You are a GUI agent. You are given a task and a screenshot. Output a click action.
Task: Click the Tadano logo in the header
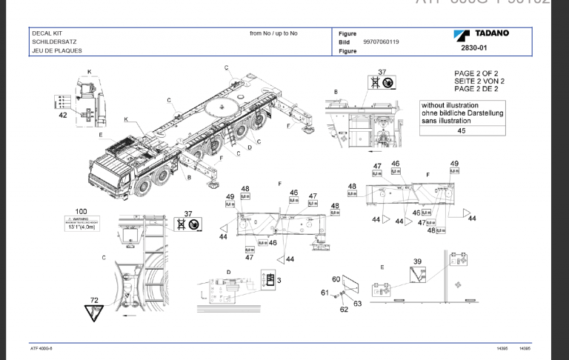pyautogui.click(x=479, y=34)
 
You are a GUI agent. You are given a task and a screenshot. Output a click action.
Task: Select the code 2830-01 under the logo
pyautogui.click(x=473, y=48)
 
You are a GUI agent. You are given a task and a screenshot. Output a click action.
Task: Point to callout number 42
pyautogui.click(x=63, y=116)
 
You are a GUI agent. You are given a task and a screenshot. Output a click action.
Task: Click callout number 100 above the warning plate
pyautogui.click(x=81, y=212)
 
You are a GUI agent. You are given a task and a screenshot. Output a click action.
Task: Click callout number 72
pyautogui.click(x=94, y=300)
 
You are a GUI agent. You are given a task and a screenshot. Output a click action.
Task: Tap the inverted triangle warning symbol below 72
pyautogui.click(x=95, y=314)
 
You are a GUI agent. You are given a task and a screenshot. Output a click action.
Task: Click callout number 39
pyautogui.click(x=417, y=262)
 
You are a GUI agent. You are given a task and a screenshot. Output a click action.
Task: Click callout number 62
pyautogui.click(x=343, y=309)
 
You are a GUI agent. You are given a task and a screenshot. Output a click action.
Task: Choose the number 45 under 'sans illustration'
pyautogui.click(x=461, y=130)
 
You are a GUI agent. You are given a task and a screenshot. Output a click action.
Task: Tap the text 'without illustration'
pyautogui.click(x=450, y=106)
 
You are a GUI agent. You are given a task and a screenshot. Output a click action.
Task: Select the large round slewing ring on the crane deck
pyautogui.click(x=222, y=107)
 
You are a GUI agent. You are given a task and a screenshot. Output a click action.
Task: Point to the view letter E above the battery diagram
pyautogui.click(x=382, y=267)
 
